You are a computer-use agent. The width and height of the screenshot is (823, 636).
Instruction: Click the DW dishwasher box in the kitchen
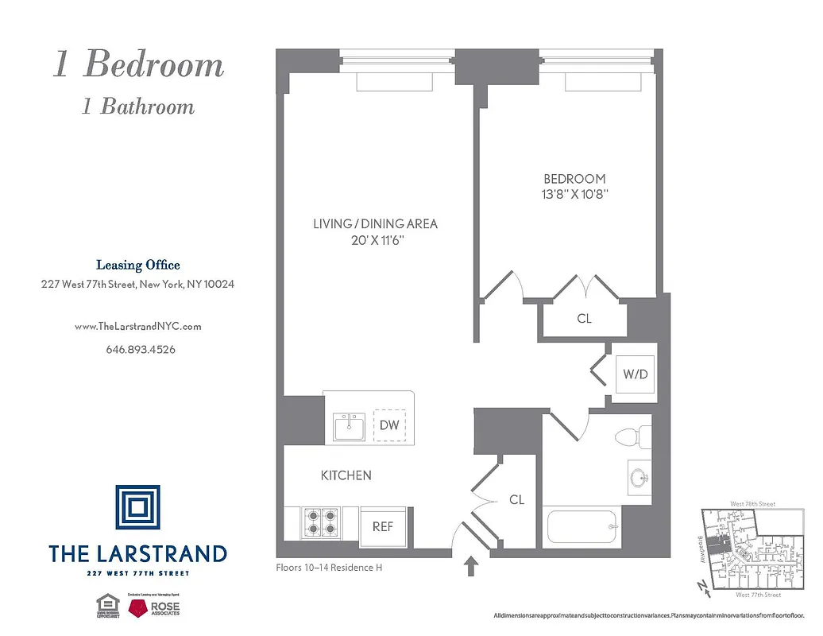pos(389,425)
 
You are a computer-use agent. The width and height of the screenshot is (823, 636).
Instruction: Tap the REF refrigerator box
pos(383,526)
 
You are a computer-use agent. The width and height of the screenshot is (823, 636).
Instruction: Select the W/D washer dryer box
pos(637,374)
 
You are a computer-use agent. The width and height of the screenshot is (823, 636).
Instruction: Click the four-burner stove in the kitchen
pos(321,522)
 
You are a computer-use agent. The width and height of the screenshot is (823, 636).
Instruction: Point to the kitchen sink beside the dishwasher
pos(349,427)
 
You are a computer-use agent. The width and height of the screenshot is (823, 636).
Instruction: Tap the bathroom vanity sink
pos(639,477)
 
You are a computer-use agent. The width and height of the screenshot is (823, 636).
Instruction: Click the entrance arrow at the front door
pos(470,566)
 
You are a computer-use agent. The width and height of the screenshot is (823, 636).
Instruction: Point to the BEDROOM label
pos(574,179)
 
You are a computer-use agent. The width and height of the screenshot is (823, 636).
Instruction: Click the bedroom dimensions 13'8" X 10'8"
pos(574,194)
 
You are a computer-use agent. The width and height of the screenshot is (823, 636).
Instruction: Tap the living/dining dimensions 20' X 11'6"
pos(375,239)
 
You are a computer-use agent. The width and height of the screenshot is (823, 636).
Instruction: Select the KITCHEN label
pos(346,475)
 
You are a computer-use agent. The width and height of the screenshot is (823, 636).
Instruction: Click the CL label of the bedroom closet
pos(584,319)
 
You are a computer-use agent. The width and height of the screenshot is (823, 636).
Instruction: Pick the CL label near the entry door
pos(516,500)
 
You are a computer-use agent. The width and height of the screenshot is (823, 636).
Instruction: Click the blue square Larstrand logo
pos(137,507)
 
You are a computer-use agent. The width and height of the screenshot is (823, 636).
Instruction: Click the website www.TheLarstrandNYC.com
pos(137,326)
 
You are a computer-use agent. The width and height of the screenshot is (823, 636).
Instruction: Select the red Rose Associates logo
pos(141,608)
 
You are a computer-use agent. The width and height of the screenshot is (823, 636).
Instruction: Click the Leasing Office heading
pos(137,266)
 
